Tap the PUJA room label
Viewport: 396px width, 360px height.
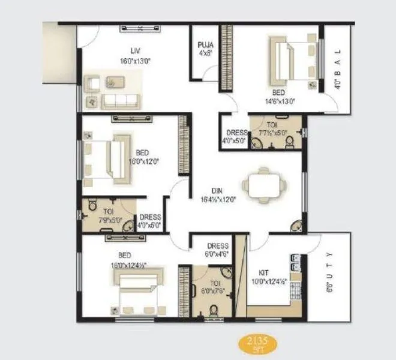[x=206, y=44]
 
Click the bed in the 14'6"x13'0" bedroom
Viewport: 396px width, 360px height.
[x=289, y=61]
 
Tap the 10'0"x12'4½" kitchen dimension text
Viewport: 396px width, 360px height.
[x=268, y=280]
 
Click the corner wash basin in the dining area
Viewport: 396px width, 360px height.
[x=296, y=227]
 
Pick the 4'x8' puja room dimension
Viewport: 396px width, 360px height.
[x=205, y=53]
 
